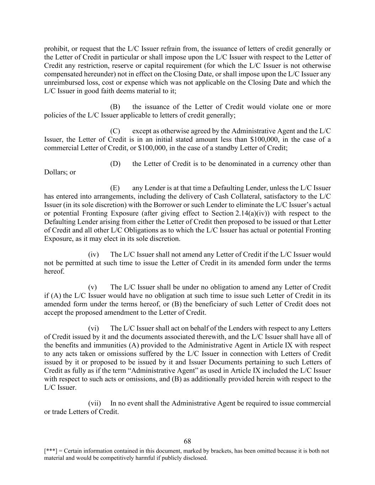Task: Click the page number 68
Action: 187,441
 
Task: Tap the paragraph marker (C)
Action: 115,131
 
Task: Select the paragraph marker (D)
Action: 115,164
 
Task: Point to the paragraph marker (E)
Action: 115,188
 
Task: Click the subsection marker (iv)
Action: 93,254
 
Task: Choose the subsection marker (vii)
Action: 95,403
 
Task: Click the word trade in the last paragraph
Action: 59,412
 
